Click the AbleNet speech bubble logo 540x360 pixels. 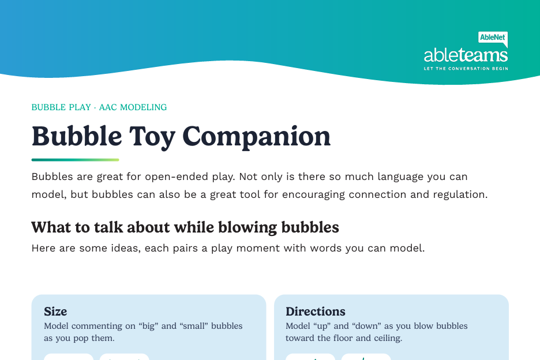(493, 39)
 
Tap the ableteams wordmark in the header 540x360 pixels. (466, 55)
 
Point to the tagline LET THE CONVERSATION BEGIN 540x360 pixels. (466, 69)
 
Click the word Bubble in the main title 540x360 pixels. (77, 136)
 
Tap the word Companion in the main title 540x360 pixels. (256, 137)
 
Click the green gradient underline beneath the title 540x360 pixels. (75, 160)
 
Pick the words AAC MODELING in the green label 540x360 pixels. (133, 107)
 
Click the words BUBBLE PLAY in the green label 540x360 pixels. (61, 107)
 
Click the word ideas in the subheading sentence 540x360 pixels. (126, 248)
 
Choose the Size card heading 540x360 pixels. (55, 312)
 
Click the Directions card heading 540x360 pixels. (316, 312)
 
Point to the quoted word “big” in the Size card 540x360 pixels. (148, 326)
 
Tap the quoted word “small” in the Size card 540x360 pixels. (194, 326)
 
